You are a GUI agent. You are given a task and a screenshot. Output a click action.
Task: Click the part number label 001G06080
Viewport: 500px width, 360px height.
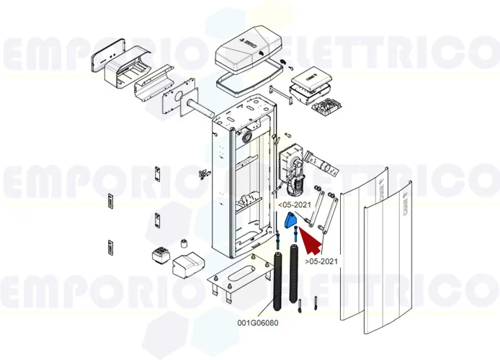point(258,323)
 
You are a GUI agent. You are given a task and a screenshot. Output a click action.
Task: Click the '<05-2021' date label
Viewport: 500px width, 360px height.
point(295,204)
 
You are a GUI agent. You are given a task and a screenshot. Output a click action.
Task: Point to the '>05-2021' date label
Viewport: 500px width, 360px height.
point(321,261)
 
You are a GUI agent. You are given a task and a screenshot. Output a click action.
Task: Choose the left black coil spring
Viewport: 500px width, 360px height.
point(278,277)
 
